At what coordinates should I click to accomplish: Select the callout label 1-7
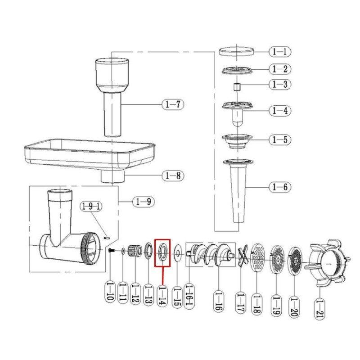pyautogui.click(x=173, y=105)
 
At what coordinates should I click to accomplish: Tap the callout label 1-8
pyautogui.click(x=173, y=176)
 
